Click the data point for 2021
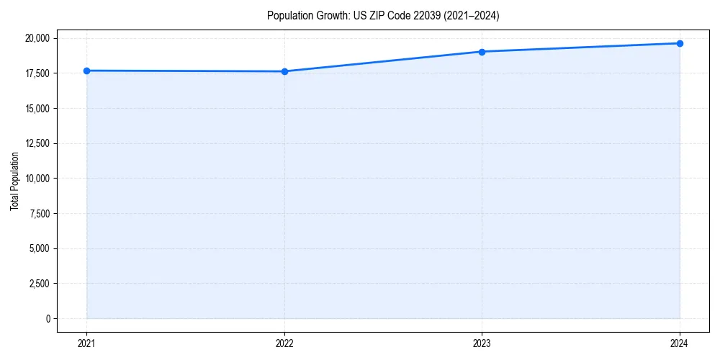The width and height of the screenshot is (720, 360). point(86,71)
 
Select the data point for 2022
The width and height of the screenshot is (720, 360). point(284,71)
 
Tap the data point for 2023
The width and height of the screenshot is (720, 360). point(482,52)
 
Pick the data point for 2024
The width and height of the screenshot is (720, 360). point(680,43)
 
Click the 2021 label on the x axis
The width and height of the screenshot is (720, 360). point(86,343)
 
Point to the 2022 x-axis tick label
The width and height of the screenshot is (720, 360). point(284,343)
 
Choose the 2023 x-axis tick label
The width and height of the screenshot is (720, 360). point(482,343)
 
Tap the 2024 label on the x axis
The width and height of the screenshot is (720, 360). point(680,343)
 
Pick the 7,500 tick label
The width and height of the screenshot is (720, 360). point(40,214)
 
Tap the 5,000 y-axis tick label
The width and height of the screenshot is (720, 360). point(40,249)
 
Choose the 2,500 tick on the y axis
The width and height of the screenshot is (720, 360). point(40,284)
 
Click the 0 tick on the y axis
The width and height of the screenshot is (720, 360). point(48,319)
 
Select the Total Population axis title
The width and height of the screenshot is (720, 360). point(14,181)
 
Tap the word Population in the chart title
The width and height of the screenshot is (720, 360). point(289,15)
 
